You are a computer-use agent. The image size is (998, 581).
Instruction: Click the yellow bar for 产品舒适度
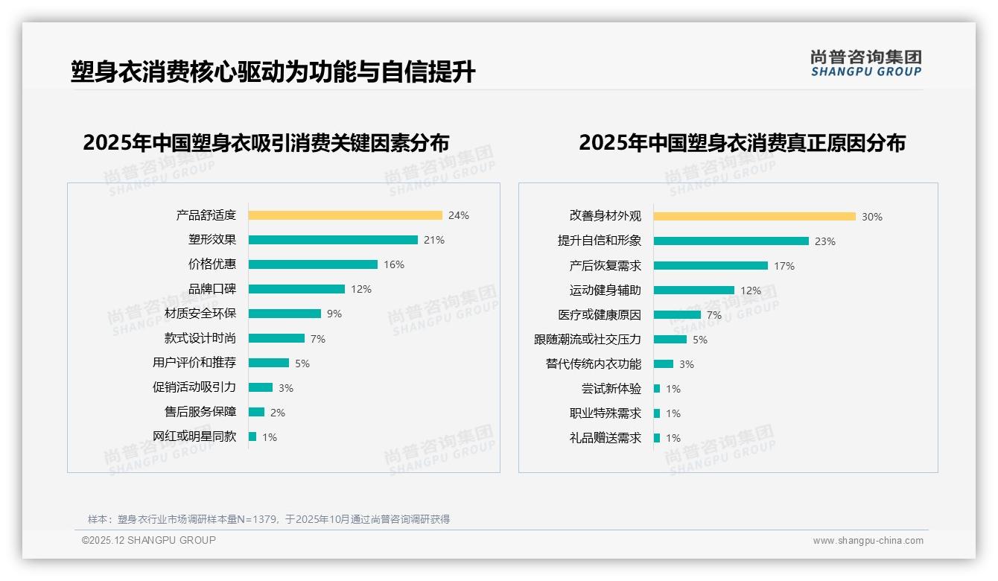tap(345, 215)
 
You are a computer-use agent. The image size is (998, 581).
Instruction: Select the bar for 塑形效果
tap(333, 240)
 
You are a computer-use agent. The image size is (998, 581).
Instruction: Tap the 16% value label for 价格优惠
tap(394, 264)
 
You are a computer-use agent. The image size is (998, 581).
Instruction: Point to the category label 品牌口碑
tap(212, 289)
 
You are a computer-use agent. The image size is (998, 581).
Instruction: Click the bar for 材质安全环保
tap(285, 314)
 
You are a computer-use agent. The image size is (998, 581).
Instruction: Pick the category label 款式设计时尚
tap(200, 338)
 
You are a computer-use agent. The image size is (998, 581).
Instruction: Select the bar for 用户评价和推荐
tap(269, 363)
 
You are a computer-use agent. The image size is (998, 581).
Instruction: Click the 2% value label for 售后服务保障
tap(278, 413)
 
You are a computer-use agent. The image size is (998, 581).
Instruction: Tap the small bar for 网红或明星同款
tap(252, 436)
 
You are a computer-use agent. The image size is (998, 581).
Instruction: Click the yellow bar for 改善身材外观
tap(754, 217)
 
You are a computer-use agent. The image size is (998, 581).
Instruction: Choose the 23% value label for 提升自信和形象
tap(825, 241)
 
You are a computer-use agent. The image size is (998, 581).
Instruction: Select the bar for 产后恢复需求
tap(711, 266)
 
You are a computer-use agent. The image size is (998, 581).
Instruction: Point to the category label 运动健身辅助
tap(606, 290)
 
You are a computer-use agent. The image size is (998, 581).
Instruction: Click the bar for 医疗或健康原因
tap(677, 315)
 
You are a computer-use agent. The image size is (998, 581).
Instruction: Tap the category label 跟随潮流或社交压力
tap(588, 340)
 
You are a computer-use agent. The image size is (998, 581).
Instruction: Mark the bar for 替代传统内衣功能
tap(664, 364)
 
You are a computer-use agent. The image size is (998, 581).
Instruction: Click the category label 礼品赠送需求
tap(606, 438)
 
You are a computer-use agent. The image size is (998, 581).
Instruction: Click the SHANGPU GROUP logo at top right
tap(866, 63)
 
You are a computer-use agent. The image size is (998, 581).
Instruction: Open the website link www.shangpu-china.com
tap(868, 541)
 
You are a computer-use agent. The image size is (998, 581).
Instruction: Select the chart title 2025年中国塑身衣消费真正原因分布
tap(742, 143)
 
